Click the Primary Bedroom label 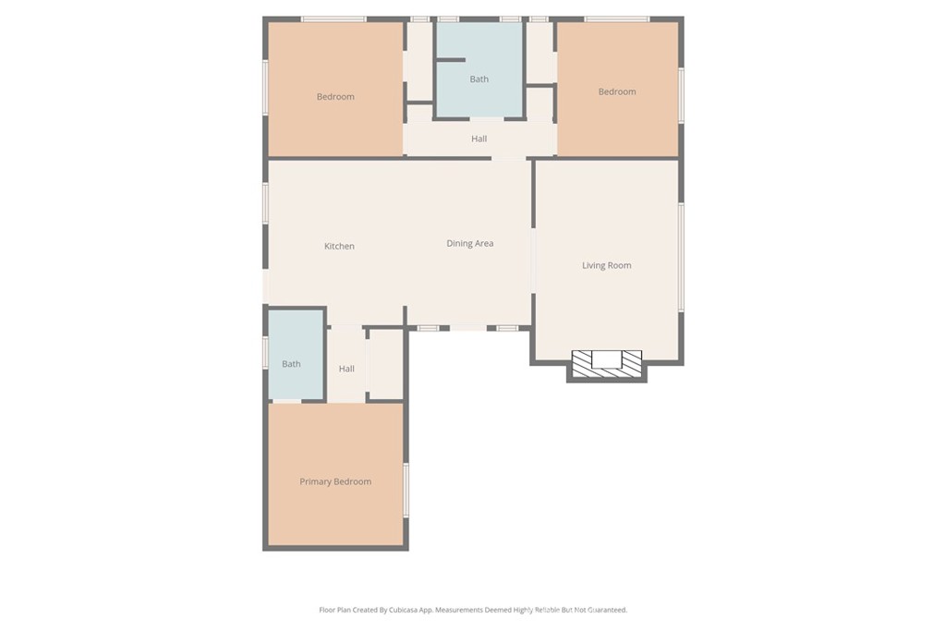click(335, 481)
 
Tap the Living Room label click(606, 265)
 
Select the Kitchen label click(339, 246)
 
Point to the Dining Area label click(470, 243)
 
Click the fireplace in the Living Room click(607, 363)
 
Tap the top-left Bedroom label click(335, 96)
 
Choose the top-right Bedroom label click(617, 91)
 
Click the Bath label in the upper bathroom click(479, 79)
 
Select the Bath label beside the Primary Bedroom click(291, 364)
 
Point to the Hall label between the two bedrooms click(479, 139)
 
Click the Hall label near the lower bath click(346, 369)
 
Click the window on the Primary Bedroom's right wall click(406, 490)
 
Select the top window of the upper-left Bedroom click(334, 19)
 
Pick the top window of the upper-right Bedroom click(616, 19)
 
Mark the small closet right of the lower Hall click(385, 364)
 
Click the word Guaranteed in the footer click(607, 610)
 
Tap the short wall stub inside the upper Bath click(451, 60)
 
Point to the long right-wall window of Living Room click(681, 258)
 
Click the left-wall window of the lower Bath click(265, 352)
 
